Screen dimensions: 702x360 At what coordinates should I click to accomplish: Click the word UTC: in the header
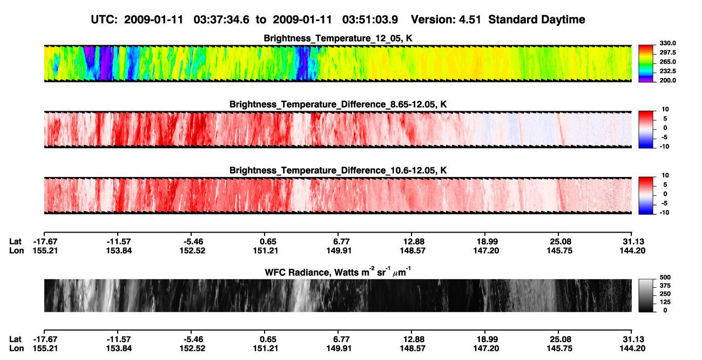pos(104,19)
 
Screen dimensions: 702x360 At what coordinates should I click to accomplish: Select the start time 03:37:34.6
pos(221,19)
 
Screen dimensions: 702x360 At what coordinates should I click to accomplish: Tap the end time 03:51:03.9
pos(370,19)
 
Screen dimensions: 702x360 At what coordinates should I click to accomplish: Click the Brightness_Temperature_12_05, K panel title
pos(338,38)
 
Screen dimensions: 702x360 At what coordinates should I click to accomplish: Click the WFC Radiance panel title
pos(338,271)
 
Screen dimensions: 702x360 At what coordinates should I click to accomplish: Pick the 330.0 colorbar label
pos(667,43)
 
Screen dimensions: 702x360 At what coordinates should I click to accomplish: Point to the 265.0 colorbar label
pos(667,62)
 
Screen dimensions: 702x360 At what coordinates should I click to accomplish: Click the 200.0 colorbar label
pos(667,80)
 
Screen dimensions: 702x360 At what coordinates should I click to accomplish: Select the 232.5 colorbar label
pos(667,71)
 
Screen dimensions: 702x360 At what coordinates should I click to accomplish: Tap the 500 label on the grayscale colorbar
pos(665,277)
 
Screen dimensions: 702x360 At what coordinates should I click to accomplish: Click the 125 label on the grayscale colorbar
pos(665,302)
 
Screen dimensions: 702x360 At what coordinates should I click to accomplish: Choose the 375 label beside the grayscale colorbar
pos(665,286)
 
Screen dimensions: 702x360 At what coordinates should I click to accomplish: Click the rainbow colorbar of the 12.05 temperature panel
pos(646,64)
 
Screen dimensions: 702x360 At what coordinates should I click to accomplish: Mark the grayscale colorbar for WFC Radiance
pos(646,295)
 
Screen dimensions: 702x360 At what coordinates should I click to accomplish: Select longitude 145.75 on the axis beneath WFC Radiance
pos(559,349)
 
